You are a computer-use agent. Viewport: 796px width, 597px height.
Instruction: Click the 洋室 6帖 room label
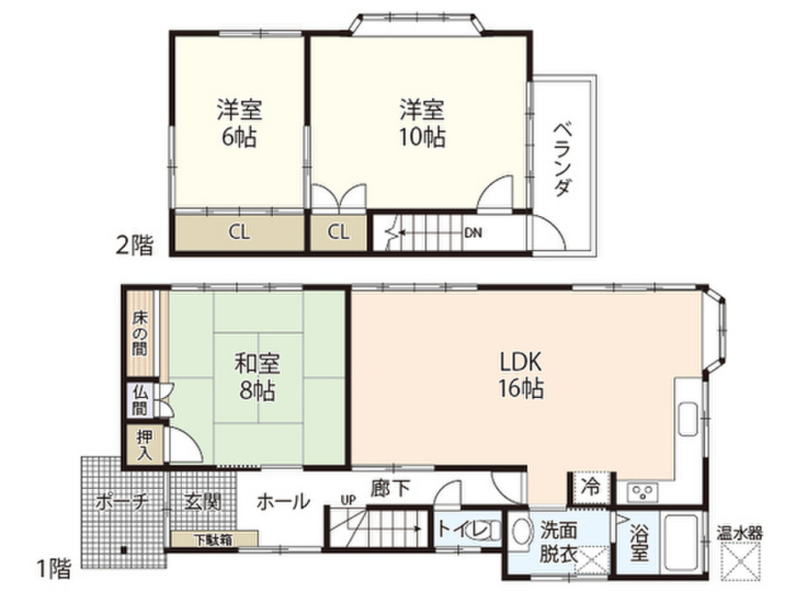click(238, 123)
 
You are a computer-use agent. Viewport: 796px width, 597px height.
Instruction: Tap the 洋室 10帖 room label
click(423, 122)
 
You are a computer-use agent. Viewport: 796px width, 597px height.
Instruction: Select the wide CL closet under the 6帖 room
click(239, 232)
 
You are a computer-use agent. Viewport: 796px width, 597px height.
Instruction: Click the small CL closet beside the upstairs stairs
click(337, 232)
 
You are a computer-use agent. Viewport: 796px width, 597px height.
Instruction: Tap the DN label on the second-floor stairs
click(473, 232)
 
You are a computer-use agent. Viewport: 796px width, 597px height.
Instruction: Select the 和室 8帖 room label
click(257, 376)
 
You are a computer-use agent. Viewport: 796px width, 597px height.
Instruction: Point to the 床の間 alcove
click(140, 333)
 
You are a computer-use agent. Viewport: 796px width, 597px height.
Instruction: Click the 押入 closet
click(145, 445)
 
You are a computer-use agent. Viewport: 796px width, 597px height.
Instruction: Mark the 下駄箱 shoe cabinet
click(213, 539)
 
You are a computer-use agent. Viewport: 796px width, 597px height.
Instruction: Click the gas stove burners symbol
click(643, 491)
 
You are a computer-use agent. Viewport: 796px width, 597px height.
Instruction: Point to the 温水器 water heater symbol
click(739, 557)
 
